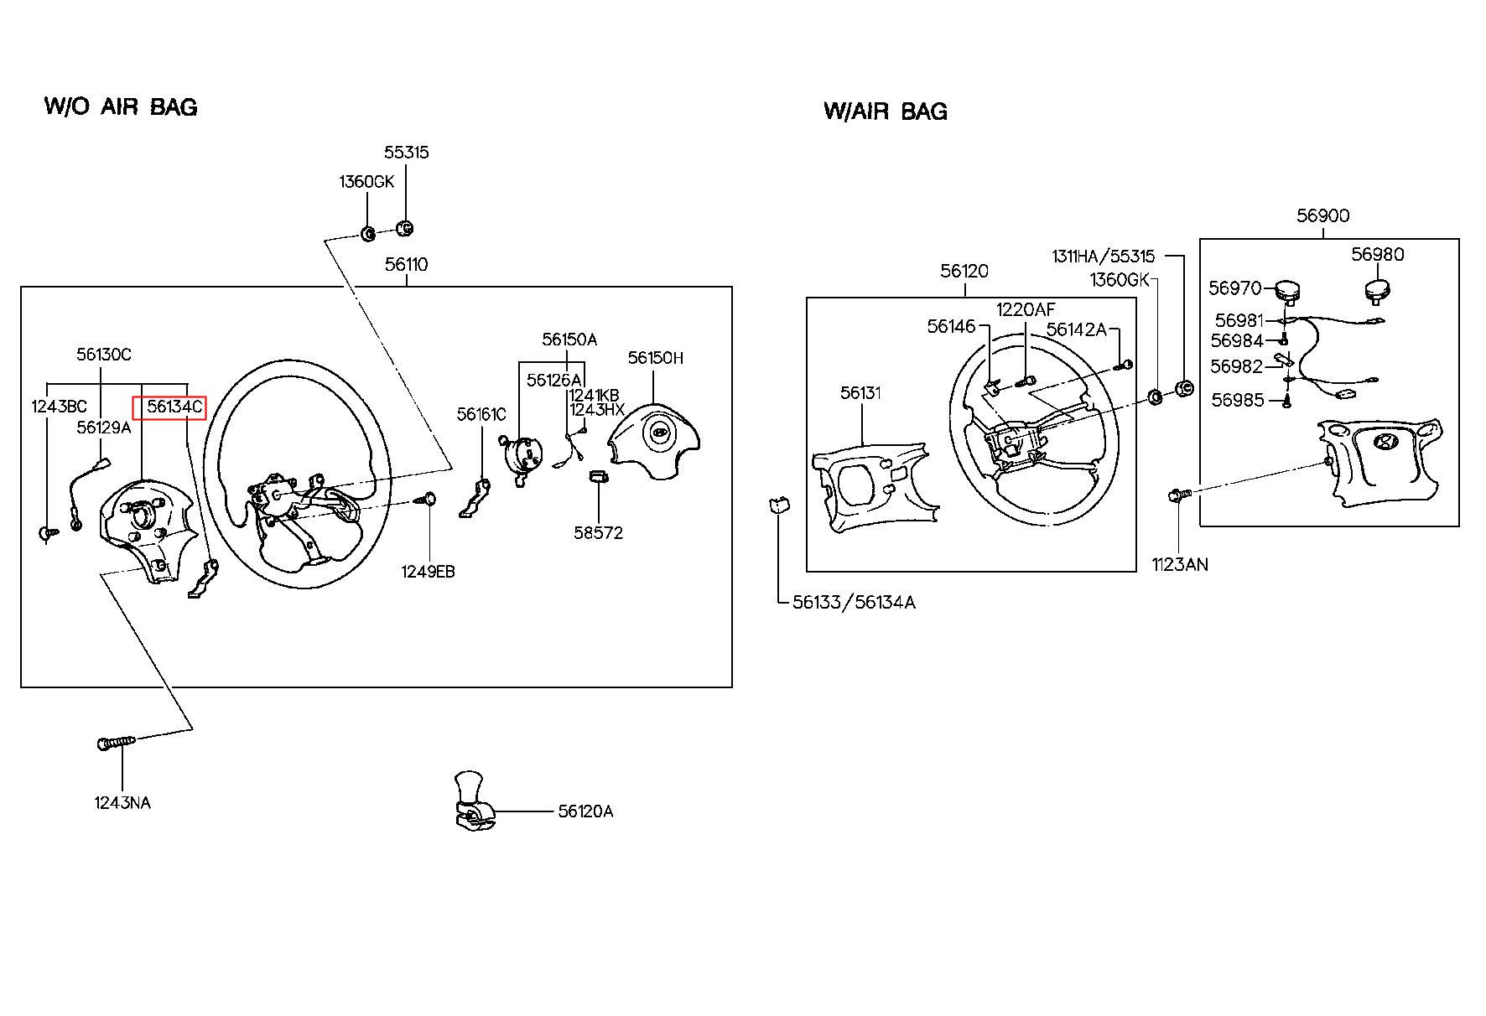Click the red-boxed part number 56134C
tap(174, 407)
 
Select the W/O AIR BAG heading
tap(121, 106)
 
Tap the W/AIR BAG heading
tap(886, 111)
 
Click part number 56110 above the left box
tap(407, 265)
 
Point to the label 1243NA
tap(122, 803)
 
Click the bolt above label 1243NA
tap(116, 743)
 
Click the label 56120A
tap(585, 811)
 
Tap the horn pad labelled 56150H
tap(653, 439)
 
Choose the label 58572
tap(598, 533)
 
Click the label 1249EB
tap(428, 572)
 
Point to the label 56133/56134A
tap(854, 602)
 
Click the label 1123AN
tap(1180, 564)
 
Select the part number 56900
tap(1323, 215)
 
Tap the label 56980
tap(1377, 254)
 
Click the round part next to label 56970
tap(1287, 292)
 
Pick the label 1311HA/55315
tap(1104, 257)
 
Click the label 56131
tap(860, 392)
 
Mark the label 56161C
tap(481, 414)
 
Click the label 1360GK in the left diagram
tap(366, 182)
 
